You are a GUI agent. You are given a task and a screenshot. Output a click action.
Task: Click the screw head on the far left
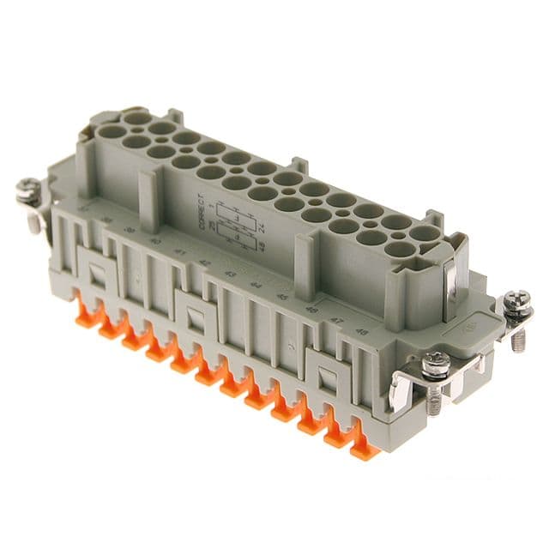tap(27, 186)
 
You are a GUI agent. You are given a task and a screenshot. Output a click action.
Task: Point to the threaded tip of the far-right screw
tap(520, 341)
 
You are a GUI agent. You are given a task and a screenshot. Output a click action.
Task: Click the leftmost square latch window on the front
tap(97, 274)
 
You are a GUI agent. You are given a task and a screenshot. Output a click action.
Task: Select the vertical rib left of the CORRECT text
tap(149, 202)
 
